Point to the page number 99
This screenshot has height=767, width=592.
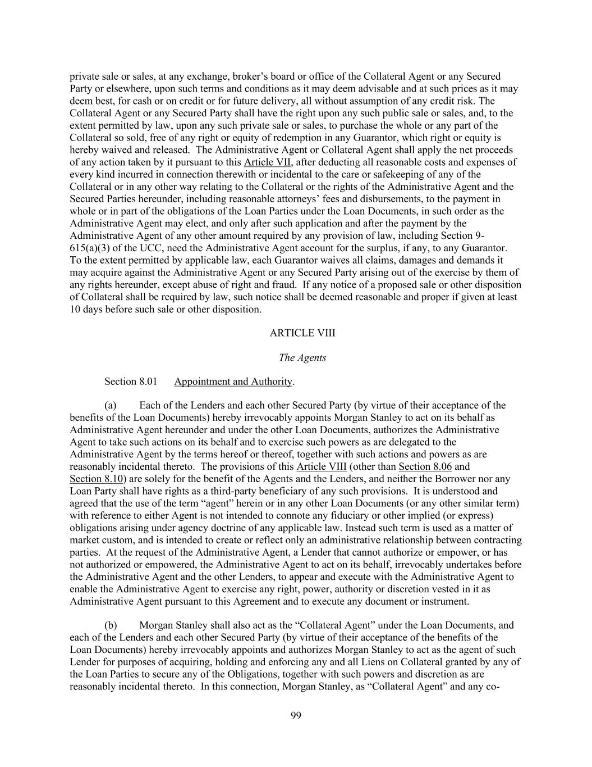[296, 715]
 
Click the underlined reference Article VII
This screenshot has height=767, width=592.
[267, 162]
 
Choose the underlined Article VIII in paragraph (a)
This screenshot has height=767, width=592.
[322, 466]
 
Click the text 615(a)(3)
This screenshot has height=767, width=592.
[90, 248]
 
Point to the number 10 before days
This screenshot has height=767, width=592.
[75, 309]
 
